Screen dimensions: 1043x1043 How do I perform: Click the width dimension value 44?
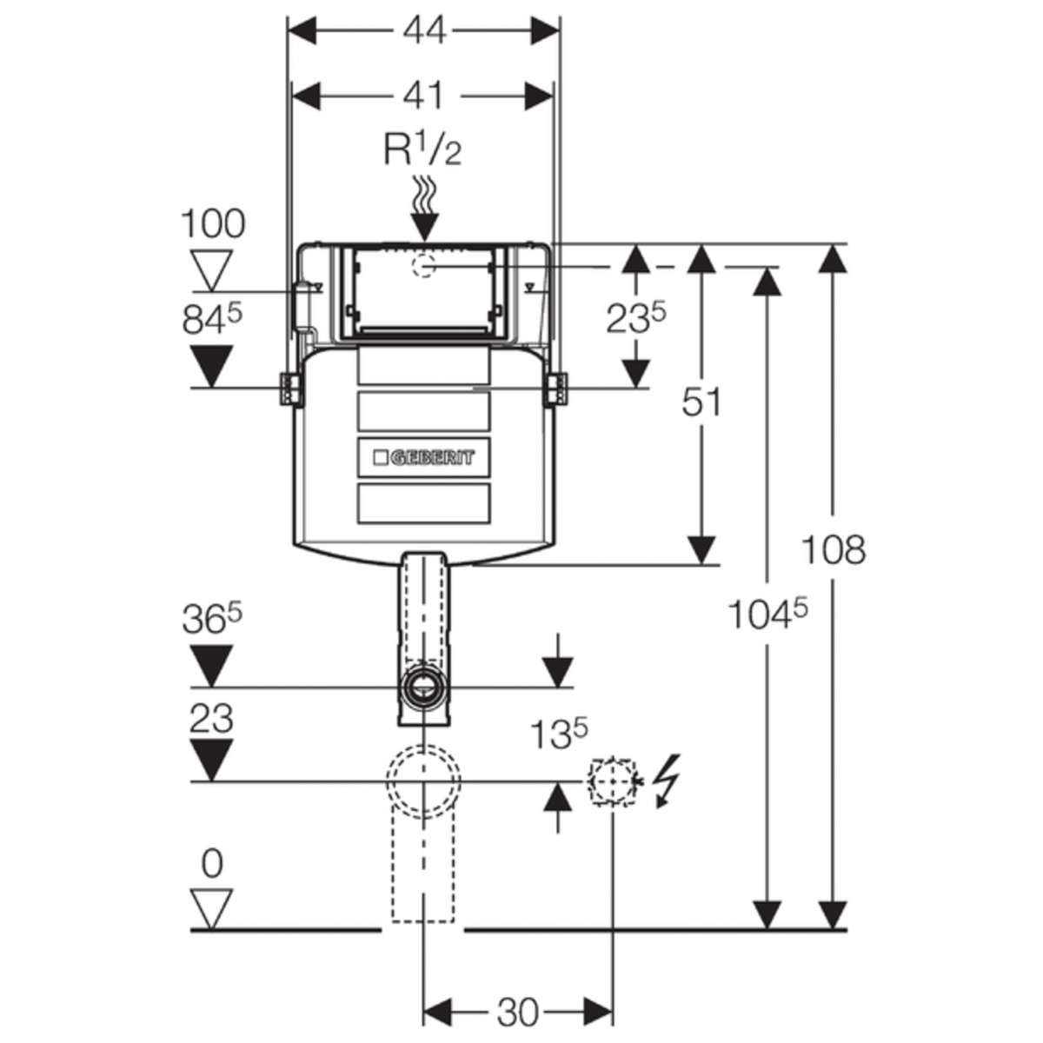click(x=425, y=30)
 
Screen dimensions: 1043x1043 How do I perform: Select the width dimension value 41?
click(x=424, y=96)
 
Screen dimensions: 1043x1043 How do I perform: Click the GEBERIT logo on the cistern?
click(x=424, y=458)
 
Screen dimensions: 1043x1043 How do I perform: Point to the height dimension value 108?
click(x=834, y=549)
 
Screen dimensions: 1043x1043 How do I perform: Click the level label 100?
click(x=213, y=223)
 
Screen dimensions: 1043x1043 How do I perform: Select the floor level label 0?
click(x=211, y=864)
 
